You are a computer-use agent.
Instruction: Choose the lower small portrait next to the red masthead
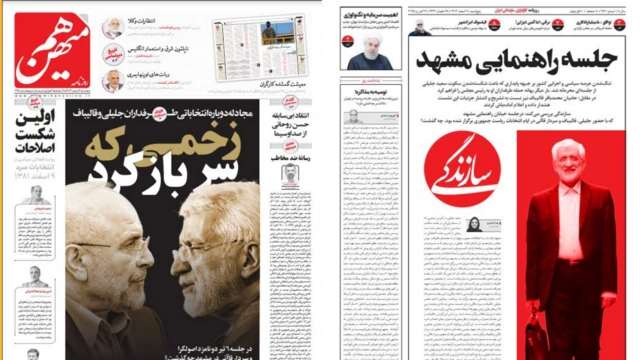pyautogui.click(x=116, y=81)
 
